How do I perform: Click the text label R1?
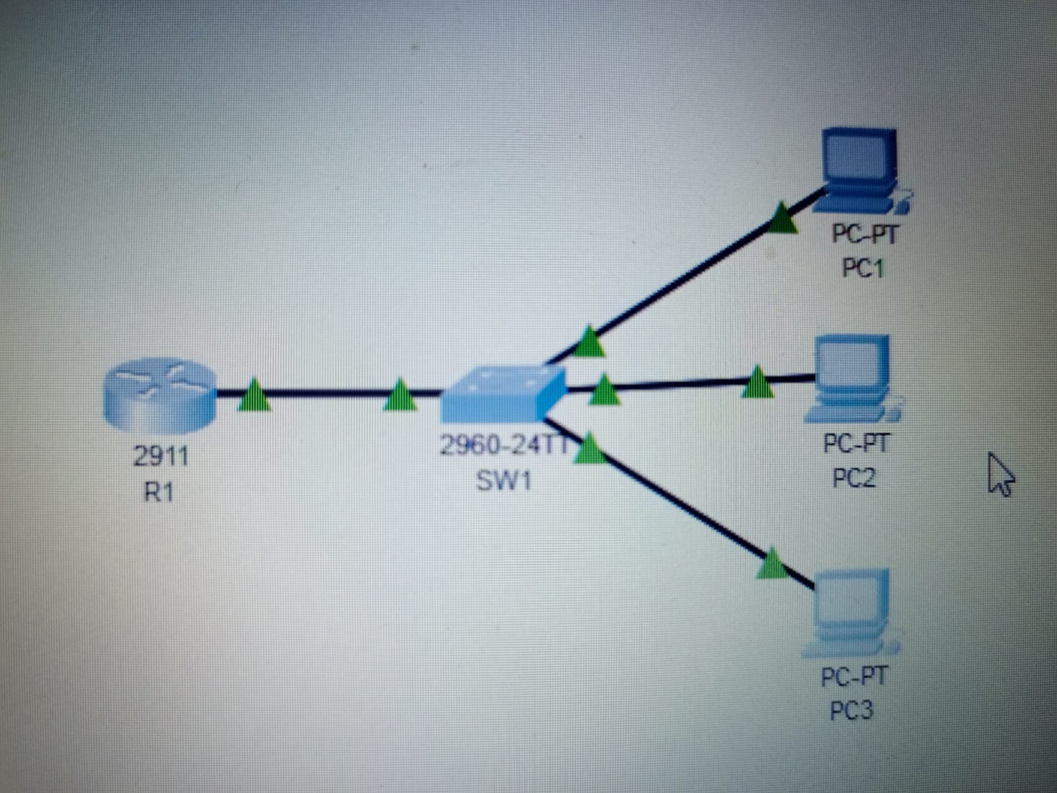pyautogui.click(x=159, y=492)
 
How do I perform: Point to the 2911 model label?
pyautogui.click(x=161, y=456)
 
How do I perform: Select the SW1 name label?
pyautogui.click(x=504, y=480)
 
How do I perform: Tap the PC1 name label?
pyautogui.click(x=863, y=268)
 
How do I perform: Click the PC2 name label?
pyautogui.click(x=854, y=477)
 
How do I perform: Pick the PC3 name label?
pyautogui.click(x=852, y=711)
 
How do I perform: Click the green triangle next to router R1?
pyautogui.click(x=254, y=395)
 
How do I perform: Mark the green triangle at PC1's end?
pyautogui.click(x=782, y=218)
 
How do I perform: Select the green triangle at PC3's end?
pyautogui.click(x=772, y=564)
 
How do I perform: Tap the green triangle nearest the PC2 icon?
pyautogui.click(x=758, y=383)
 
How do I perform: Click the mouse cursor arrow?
pyautogui.click(x=1000, y=474)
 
